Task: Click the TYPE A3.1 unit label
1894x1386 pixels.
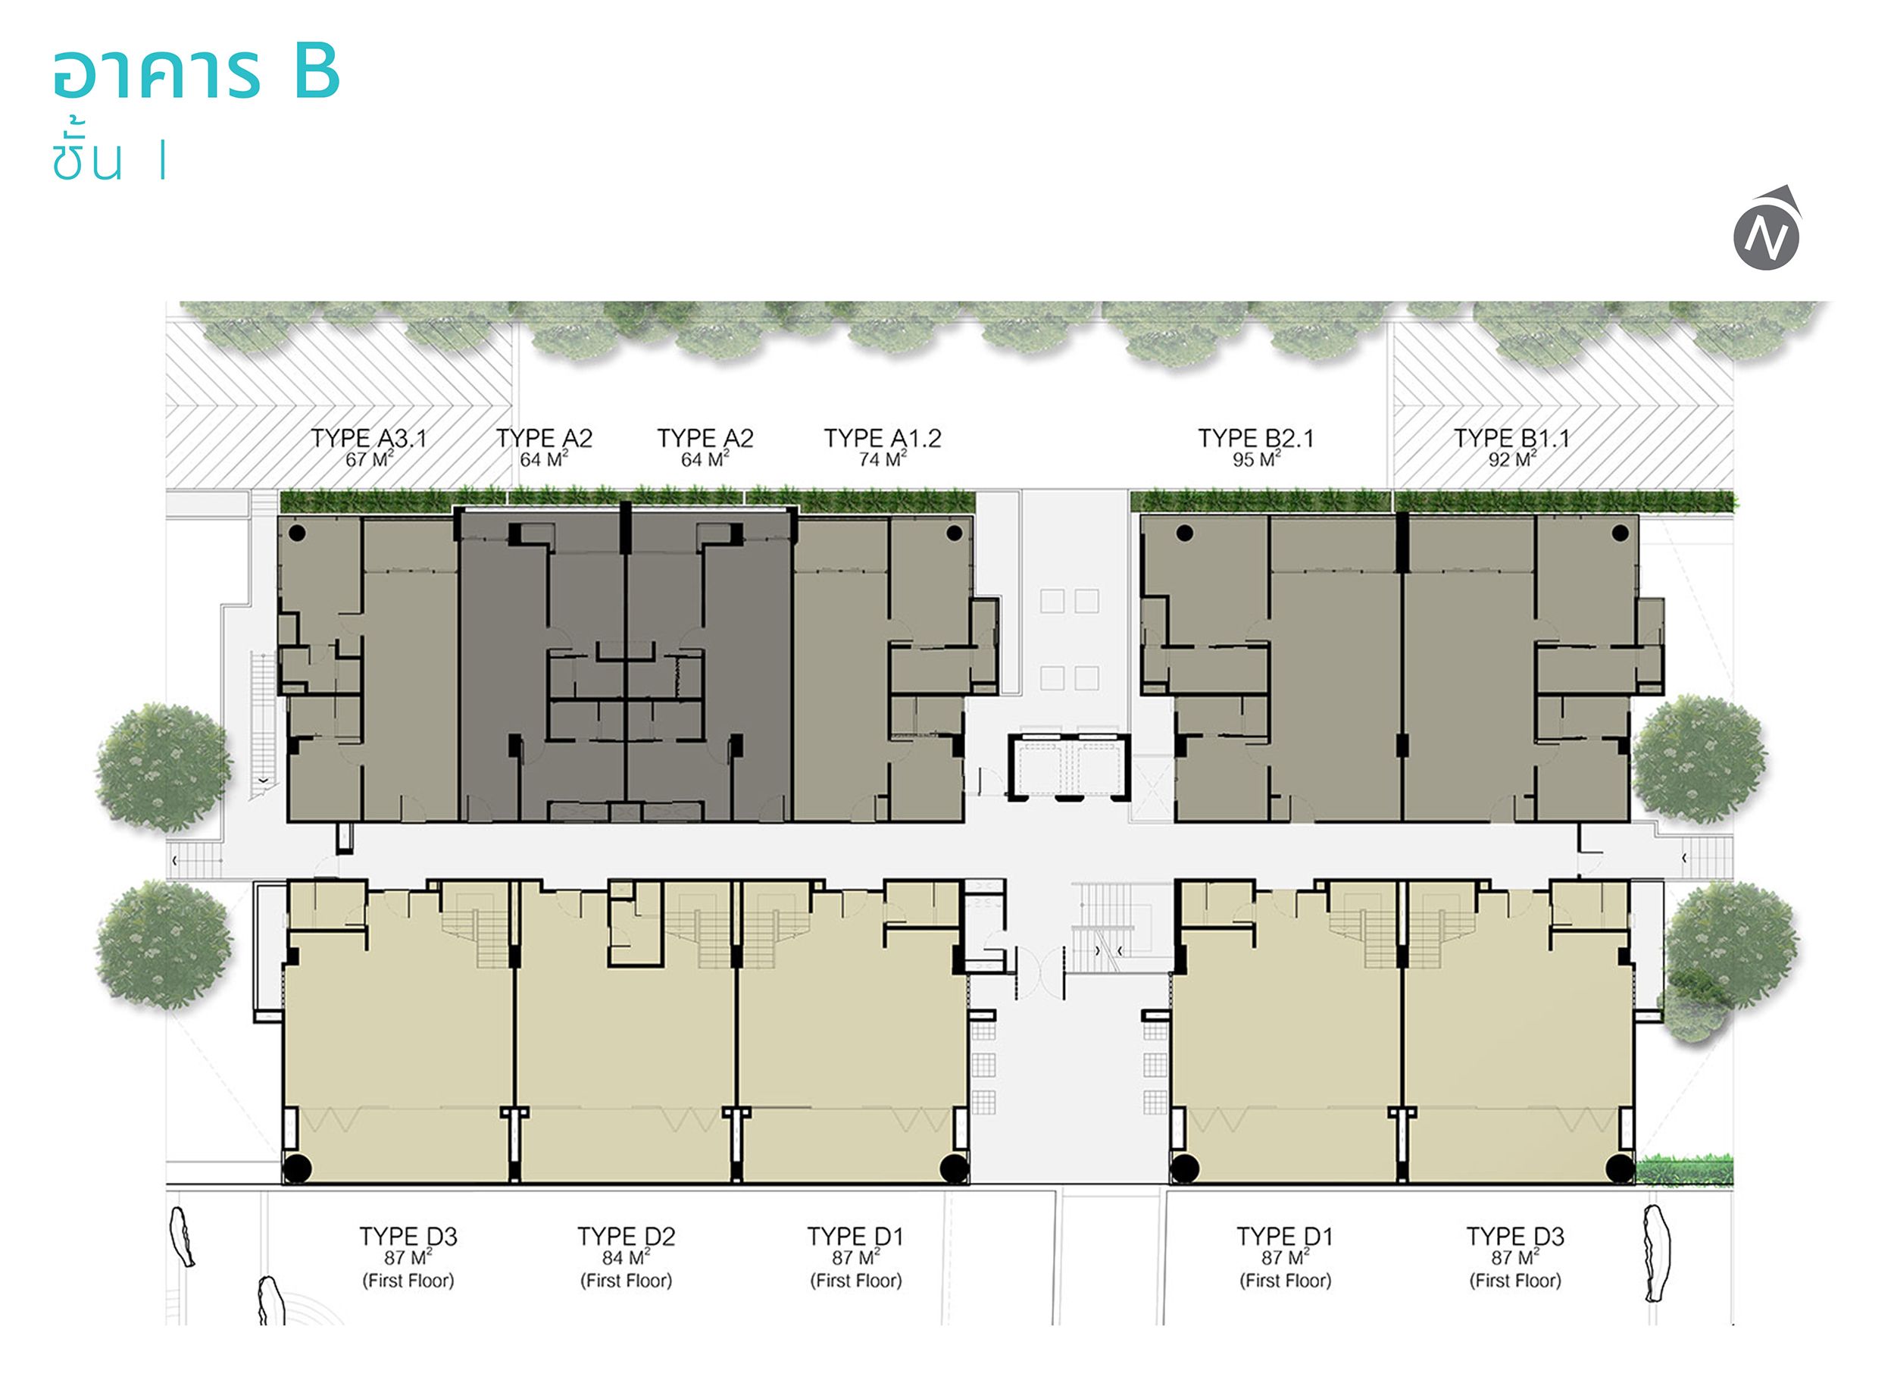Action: click(x=369, y=438)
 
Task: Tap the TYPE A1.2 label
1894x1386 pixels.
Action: click(x=883, y=438)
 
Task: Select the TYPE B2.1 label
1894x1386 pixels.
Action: click(x=1255, y=438)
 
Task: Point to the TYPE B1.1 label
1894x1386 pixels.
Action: click(x=1511, y=438)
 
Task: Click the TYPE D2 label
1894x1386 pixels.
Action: click(x=626, y=1236)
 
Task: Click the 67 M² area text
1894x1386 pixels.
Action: click(x=369, y=459)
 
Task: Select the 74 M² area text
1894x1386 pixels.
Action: click(x=883, y=459)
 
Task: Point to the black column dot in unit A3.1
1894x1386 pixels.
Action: click(x=297, y=532)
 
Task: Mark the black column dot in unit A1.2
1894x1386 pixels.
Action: click(x=954, y=532)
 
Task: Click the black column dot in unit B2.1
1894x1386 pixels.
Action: click(x=1184, y=532)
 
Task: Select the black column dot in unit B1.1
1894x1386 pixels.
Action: click(x=1620, y=532)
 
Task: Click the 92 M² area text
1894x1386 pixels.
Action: click(x=1512, y=459)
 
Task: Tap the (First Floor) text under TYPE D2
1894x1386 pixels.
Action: click(x=626, y=1281)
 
